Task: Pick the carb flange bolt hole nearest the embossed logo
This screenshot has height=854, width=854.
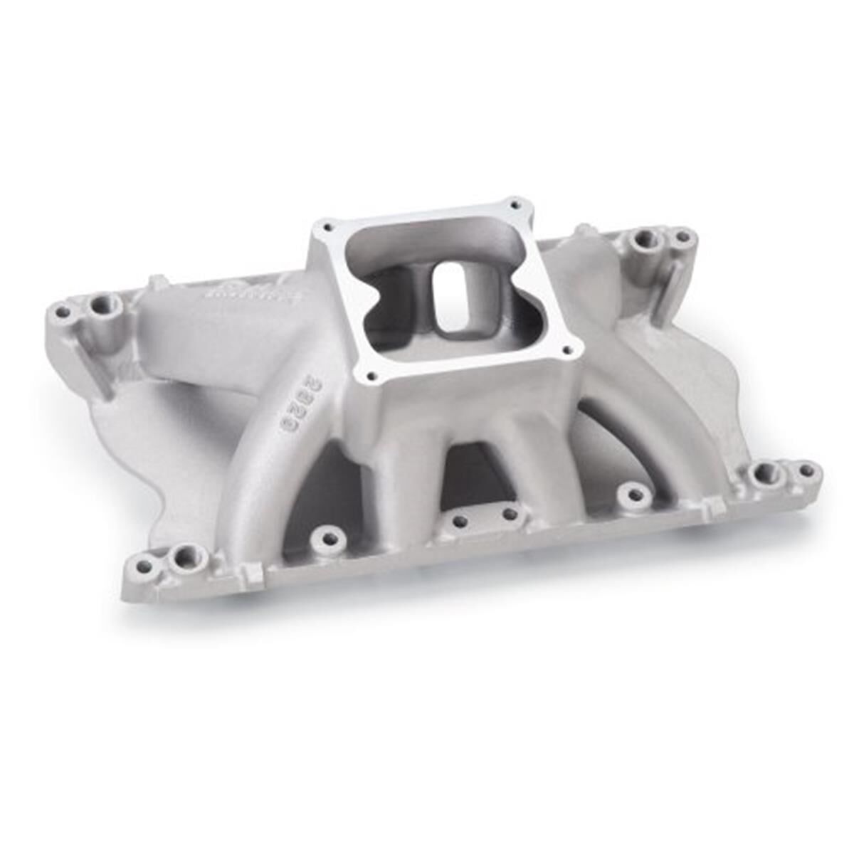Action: coord(327,228)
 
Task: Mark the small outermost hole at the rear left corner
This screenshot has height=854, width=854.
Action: coord(63,312)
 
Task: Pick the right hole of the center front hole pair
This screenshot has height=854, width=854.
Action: coord(510,513)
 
